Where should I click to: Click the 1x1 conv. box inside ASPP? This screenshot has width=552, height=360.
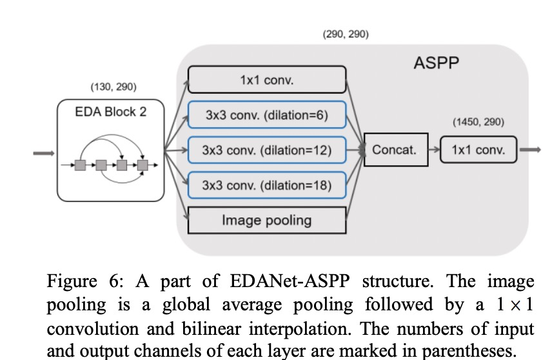[x=266, y=80]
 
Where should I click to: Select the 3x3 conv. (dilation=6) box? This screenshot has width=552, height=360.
[x=266, y=115]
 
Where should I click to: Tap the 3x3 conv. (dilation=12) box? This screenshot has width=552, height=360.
[x=266, y=150]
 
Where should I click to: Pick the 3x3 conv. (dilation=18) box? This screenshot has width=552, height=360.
[x=266, y=186]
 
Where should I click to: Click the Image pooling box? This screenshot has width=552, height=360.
[x=266, y=220]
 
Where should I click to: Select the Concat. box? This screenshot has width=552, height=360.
[x=394, y=150]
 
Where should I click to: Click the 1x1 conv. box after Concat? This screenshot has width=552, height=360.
[x=478, y=150]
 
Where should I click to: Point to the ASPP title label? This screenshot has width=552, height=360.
[x=436, y=63]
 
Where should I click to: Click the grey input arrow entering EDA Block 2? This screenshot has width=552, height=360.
[x=43, y=154]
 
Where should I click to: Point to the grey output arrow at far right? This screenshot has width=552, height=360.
[x=530, y=150]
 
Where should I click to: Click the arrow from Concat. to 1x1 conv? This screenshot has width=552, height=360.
[x=432, y=150]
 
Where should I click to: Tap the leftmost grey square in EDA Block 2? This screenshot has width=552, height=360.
[x=80, y=165]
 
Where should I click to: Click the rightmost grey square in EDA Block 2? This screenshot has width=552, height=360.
[x=143, y=165]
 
